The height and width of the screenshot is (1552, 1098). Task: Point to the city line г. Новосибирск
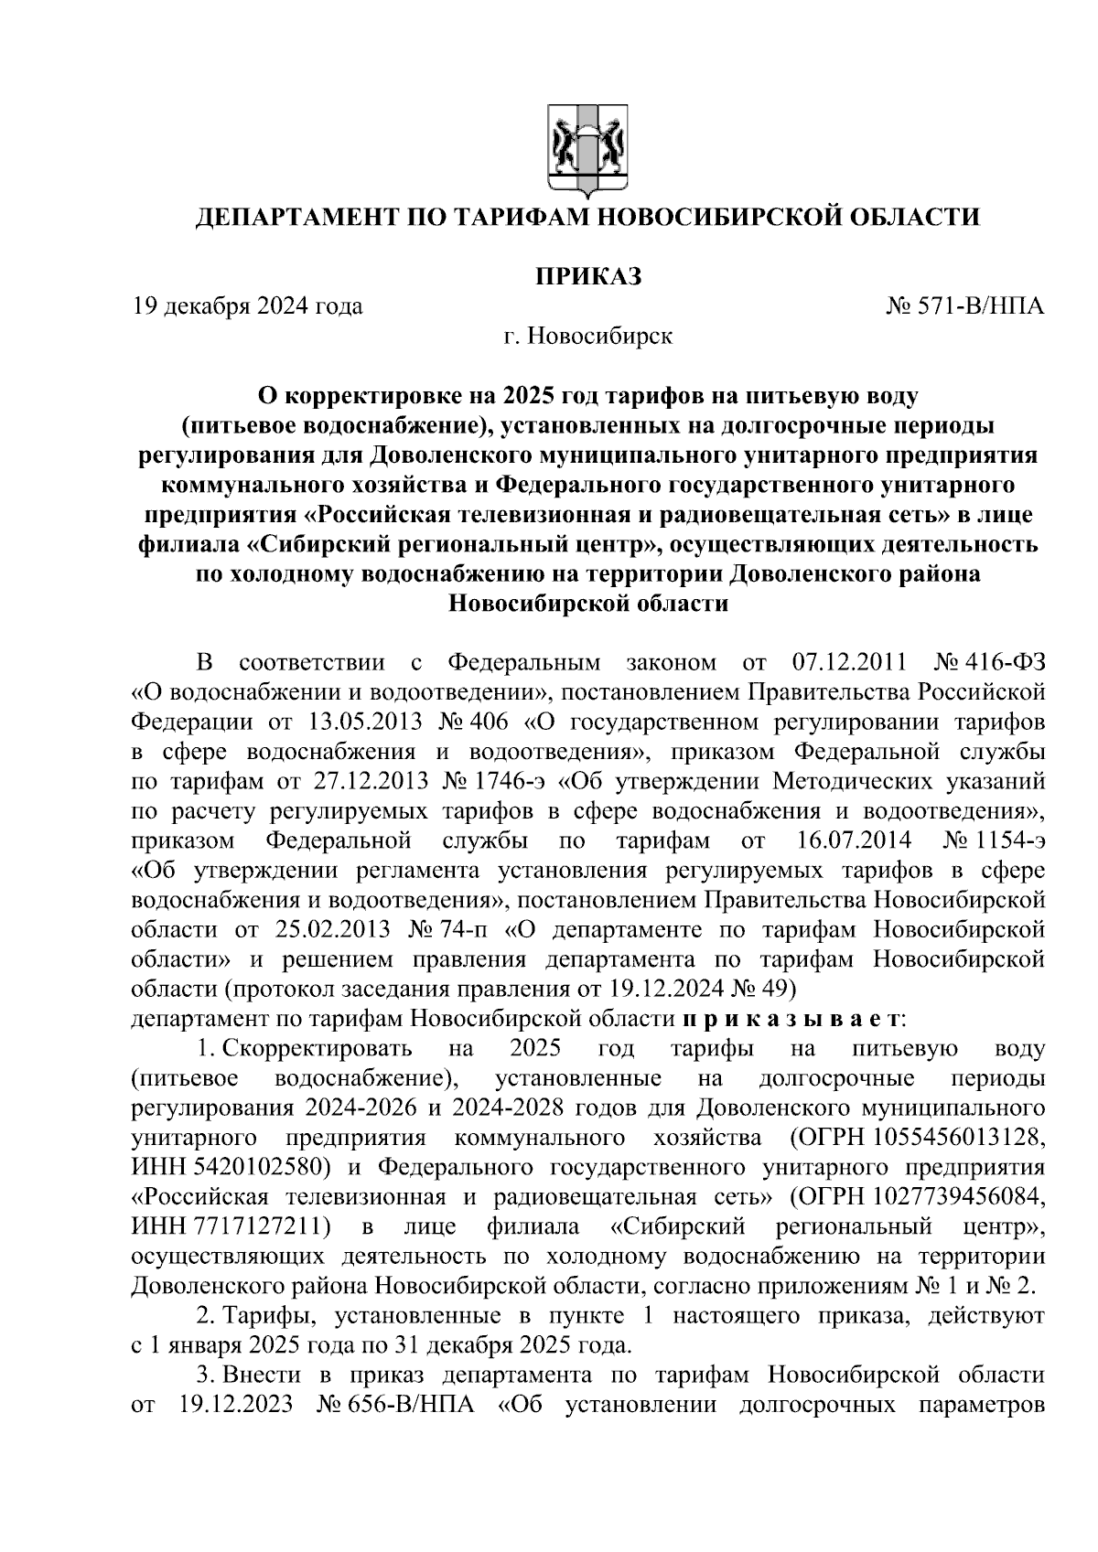click(587, 337)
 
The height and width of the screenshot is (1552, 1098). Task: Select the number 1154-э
click(1009, 840)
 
